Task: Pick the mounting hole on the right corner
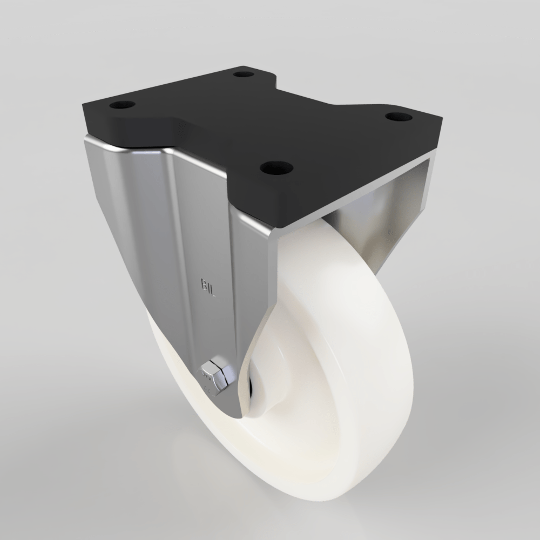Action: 399,116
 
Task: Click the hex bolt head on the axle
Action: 216,373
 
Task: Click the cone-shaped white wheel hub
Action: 270,373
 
